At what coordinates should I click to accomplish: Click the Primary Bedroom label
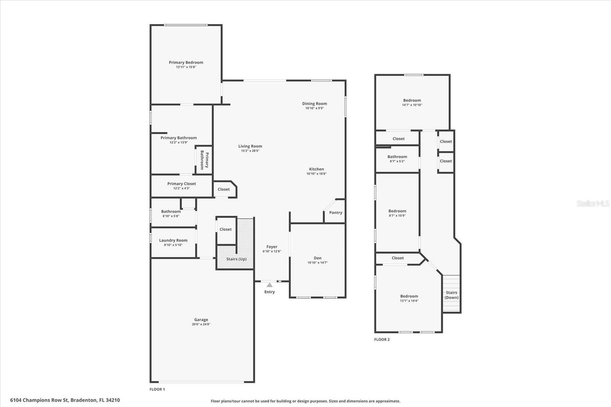pos(186,62)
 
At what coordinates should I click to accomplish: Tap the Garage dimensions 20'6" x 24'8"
pos(201,325)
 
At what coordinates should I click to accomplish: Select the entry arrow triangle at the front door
pos(270,285)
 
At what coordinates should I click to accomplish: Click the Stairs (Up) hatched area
pos(236,259)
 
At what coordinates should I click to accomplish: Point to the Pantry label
pos(336,213)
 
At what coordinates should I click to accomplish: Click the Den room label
pos(317,258)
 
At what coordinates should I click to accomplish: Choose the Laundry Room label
pos(173,240)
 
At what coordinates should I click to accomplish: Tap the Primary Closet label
pos(181,184)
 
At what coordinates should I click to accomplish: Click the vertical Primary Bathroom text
pos(204,160)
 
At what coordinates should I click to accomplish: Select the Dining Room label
pos(314,103)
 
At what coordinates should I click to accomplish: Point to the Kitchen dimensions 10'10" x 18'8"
pos(316,174)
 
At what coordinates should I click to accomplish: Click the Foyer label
pos(272,247)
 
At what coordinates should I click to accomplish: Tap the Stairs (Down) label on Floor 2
pos(451,295)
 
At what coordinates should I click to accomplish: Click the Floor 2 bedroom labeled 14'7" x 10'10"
pos(412,100)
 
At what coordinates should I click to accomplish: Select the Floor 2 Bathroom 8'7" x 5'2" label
pos(397,157)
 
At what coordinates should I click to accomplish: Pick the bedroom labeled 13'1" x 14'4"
pos(409,296)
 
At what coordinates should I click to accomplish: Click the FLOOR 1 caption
pos(157,389)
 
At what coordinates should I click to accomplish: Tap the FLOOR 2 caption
pos(382,339)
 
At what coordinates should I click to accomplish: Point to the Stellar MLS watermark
pos(593,203)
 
